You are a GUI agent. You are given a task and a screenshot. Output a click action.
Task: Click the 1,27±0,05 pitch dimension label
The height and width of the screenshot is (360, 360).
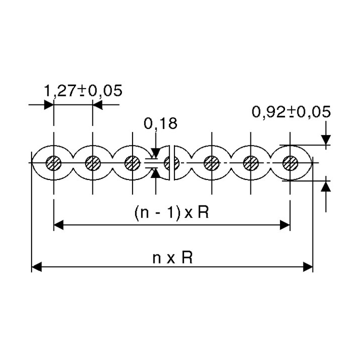[x=83, y=90]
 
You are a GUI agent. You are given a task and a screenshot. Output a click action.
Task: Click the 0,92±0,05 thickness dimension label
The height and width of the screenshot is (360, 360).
[x=291, y=112]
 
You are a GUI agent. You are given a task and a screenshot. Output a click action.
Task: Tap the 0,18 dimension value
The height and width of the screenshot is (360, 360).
[x=160, y=123]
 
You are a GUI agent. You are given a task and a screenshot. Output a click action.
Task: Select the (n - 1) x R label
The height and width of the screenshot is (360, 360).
[x=171, y=213]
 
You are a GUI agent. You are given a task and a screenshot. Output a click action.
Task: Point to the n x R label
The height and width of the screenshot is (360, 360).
[x=172, y=257]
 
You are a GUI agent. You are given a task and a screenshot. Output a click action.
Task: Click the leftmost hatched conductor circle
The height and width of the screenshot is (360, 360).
[x=53, y=163]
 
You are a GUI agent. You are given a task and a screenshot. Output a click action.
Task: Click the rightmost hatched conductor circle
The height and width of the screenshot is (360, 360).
[x=290, y=163]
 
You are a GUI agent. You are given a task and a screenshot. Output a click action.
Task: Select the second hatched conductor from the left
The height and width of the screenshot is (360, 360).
[x=93, y=163]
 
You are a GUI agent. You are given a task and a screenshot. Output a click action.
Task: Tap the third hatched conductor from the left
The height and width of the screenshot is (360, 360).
[x=132, y=163]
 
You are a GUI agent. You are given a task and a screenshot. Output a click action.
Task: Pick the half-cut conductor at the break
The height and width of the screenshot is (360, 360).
[x=171, y=163]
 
